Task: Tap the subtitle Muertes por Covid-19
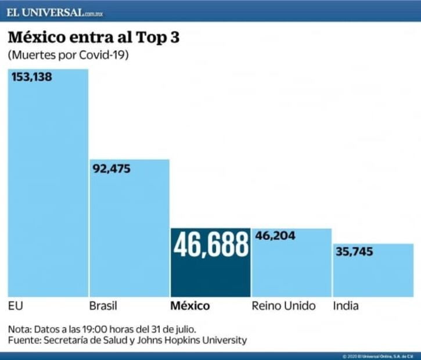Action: coord(68,56)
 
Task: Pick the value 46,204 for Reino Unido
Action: coord(275,236)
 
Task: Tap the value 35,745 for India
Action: coord(353,252)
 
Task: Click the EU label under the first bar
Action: coord(15,306)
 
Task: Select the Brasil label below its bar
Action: coord(104,306)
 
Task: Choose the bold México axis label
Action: coord(190,306)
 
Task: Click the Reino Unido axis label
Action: coord(283,306)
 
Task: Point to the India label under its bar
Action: coord(346,306)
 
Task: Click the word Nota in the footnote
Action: coord(19,329)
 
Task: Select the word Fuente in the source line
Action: coord(23,340)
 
